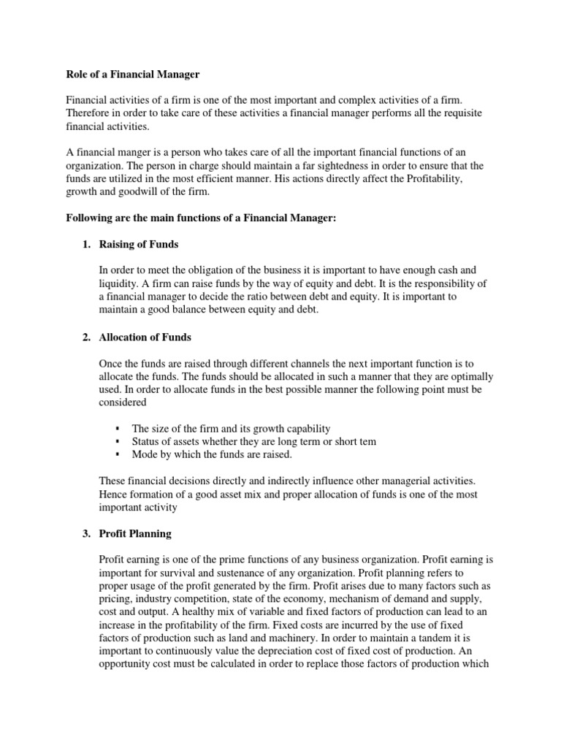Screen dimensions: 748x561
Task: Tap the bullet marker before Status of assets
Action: (x=117, y=441)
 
